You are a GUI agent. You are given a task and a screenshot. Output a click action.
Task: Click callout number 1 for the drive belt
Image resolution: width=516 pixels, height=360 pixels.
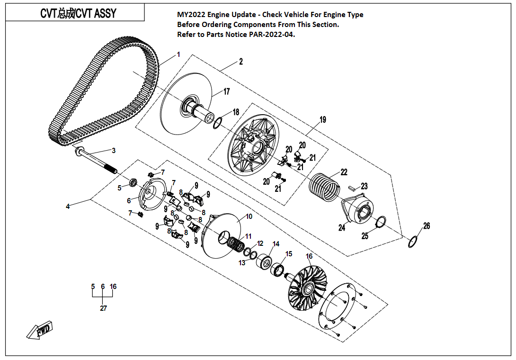[x=178, y=55]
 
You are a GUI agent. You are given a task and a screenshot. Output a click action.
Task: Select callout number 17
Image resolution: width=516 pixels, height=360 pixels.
[x=226, y=91]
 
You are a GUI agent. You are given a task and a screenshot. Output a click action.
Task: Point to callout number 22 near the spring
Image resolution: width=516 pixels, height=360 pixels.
[x=344, y=172]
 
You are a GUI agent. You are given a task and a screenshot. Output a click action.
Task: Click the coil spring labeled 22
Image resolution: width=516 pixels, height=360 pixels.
[x=324, y=186]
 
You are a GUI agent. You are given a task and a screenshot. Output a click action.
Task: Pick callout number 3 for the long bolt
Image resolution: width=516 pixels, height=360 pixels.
[x=114, y=151]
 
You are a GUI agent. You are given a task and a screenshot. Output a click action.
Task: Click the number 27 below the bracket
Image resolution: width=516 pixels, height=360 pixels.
[x=103, y=308]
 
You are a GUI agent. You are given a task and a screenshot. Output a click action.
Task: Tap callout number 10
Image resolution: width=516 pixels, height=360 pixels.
[x=249, y=216]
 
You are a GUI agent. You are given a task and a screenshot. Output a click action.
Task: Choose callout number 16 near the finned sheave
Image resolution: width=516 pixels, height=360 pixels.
[x=309, y=256]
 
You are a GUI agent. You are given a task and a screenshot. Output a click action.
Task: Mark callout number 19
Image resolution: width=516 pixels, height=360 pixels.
[x=322, y=120]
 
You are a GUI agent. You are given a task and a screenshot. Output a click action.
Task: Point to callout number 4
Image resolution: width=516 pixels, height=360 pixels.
[x=68, y=207]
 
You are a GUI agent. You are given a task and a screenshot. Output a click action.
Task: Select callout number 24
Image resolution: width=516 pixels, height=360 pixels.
[x=342, y=228]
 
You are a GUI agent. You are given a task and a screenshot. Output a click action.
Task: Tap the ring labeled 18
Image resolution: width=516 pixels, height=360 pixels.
[x=218, y=123]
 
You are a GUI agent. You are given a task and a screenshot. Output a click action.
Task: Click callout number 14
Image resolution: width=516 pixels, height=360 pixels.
[x=276, y=244]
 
